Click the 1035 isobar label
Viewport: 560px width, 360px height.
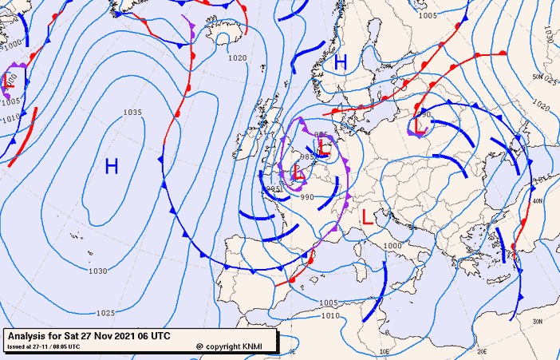[x=132, y=113]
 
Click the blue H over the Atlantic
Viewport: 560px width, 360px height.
[x=112, y=166]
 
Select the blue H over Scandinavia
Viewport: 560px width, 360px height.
[x=341, y=61]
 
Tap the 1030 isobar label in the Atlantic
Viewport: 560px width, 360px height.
[x=97, y=271]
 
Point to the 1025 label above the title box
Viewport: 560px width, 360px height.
[x=105, y=313]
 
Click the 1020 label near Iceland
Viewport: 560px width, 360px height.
[x=237, y=57]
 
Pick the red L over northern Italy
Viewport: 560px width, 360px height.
[x=367, y=216]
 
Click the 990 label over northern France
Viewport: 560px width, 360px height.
[x=307, y=196]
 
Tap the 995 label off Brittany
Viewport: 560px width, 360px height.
[x=274, y=189]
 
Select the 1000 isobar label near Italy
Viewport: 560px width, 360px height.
[x=392, y=246]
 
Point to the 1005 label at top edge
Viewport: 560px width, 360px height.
[x=428, y=15]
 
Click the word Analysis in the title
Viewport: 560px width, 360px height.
[x=27, y=335]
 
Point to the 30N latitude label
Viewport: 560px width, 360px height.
[x=538, y=321]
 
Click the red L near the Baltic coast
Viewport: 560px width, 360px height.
[x=418, y=125]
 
